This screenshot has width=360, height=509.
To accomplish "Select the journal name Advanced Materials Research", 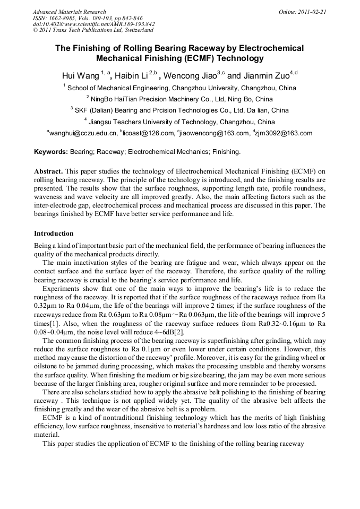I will click(x=70, y=12).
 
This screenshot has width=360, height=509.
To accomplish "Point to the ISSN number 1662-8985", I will click(x=63, y=18).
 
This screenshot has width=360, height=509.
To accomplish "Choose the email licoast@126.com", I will click(x=149, y=134).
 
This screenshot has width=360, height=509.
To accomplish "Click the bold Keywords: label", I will click(x=51, y=152).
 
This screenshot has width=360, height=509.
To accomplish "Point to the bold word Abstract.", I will click(x=49, y=172).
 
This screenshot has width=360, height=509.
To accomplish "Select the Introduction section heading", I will click(x=54, y=234).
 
